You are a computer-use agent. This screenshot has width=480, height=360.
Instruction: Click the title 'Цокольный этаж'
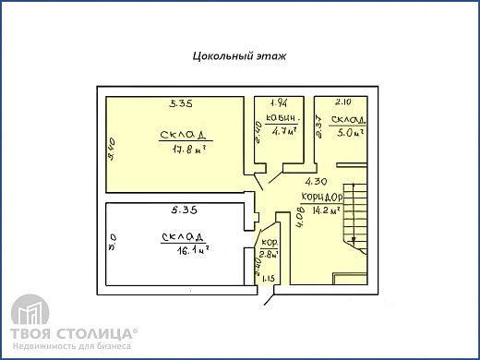239,55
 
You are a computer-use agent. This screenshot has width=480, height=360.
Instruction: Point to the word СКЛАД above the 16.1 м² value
182,236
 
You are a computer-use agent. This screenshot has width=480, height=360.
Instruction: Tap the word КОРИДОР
321,198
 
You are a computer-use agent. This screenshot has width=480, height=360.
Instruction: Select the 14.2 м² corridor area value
327,210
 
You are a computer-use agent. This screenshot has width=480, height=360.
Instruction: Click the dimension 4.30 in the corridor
317,182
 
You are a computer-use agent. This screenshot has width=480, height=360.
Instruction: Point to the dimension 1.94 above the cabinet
280,102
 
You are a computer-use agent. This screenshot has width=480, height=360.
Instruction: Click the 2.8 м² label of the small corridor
269,253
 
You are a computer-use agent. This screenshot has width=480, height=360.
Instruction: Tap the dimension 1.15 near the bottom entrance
269,278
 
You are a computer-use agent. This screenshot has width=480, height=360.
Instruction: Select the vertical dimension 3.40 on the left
112,148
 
